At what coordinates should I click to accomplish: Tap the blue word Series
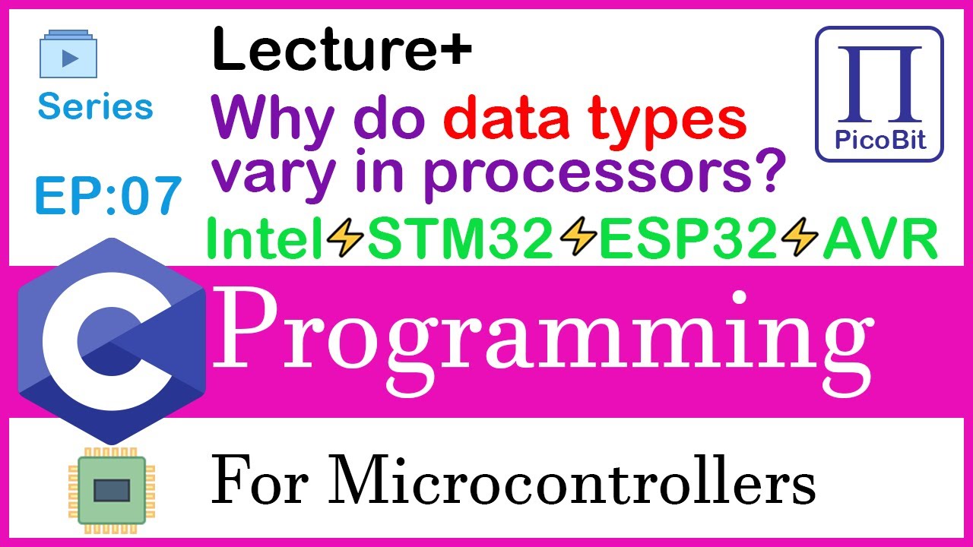tap(96, 107)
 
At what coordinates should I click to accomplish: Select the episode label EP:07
tap(108, 194)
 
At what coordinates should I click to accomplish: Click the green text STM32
tap(461, 242)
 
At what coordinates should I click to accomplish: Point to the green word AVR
tap(879, 242)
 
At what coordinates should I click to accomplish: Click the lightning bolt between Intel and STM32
tap(346, 242)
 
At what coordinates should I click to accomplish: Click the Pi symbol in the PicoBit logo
tap(880, 85)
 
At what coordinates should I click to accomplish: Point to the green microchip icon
tap(107, 489)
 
